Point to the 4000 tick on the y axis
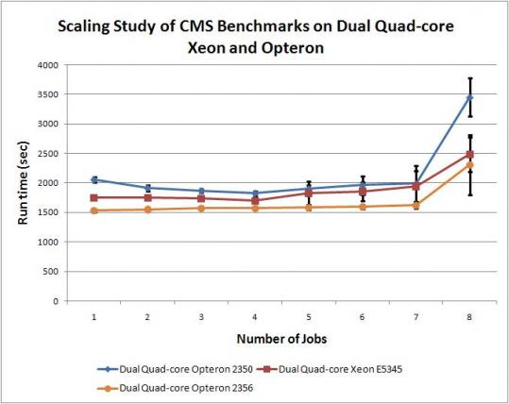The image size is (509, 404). (47, 65)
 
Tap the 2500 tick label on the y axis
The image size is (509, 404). (47, 154)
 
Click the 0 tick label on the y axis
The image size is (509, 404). (56, 301)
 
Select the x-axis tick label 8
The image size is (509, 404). (469, 316)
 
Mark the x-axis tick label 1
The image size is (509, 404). (95, 316)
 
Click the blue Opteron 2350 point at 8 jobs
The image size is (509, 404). (469, 97)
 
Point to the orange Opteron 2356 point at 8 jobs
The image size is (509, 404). (469, 165)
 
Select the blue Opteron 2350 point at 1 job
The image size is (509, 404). (95, 179)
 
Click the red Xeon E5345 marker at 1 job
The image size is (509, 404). (95, 197)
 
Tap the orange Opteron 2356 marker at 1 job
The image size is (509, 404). (95, 210)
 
